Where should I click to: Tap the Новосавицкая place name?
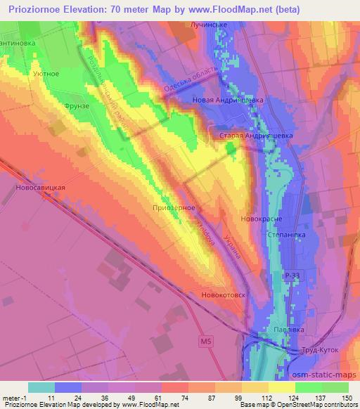pos(41,188)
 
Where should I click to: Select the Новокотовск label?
pos(223,295)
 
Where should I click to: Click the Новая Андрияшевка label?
pos(228,100)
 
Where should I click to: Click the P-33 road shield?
pos(291,274)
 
